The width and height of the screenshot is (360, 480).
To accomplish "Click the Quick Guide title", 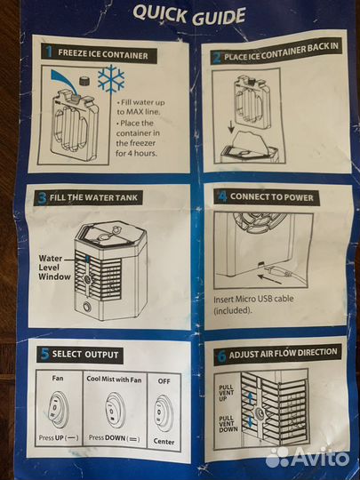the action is [189, 15].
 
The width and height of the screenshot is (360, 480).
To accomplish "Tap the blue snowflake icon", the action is [111, 78].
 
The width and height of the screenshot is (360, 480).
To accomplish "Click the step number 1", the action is [48, 52].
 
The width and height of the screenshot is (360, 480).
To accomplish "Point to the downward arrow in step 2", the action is [232, 126].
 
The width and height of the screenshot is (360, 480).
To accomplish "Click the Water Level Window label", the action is [54, 268].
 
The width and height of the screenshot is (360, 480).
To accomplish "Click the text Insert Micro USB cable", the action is [253, 299].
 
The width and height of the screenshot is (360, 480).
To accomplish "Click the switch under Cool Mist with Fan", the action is [116, 410].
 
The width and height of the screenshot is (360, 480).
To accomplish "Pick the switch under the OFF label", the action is [164, 412].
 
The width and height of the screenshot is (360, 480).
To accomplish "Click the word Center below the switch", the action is [164, 442].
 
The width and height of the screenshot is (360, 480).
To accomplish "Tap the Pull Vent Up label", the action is [227, 393].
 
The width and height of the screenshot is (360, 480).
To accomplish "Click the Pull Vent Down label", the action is [228, 424].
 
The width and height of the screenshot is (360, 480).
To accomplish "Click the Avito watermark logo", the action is [308, 458].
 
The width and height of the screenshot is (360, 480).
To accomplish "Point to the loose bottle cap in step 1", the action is [84, 81].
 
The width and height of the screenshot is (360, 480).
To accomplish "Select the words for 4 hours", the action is [136, 153].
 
